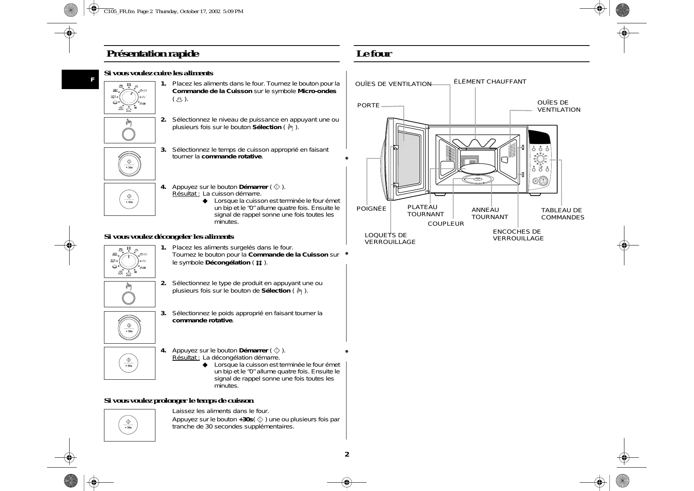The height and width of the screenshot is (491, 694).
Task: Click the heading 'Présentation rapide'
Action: (153, 54)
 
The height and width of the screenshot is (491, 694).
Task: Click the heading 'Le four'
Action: (374, 54)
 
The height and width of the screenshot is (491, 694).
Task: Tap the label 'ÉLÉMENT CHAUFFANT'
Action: (490, 82)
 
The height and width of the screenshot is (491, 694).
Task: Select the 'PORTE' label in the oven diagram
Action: (368, 105)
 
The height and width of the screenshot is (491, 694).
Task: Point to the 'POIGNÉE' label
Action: (371, 209)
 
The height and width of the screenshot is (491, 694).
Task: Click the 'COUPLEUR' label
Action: (446, 224)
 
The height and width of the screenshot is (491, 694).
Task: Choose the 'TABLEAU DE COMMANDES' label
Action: (562, 214)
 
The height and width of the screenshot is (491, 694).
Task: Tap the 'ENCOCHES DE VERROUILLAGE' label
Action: (518, 235)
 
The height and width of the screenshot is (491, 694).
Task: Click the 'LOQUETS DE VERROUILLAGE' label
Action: (390, 238)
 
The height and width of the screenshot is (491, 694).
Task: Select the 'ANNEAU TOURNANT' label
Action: (490, 213)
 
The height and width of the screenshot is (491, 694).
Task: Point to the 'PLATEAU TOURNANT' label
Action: (425, 211)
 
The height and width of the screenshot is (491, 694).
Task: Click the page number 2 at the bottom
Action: (347, 454)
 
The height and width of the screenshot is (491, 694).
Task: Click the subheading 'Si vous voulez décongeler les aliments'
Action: (169, 237)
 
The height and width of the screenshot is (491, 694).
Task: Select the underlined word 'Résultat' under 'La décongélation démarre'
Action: (185, 358)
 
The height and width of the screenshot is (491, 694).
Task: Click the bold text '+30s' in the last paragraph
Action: (246, 419)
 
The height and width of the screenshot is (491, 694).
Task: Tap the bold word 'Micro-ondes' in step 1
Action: (317, 91)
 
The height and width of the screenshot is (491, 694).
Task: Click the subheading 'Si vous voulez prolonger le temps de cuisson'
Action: (179, 401)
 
